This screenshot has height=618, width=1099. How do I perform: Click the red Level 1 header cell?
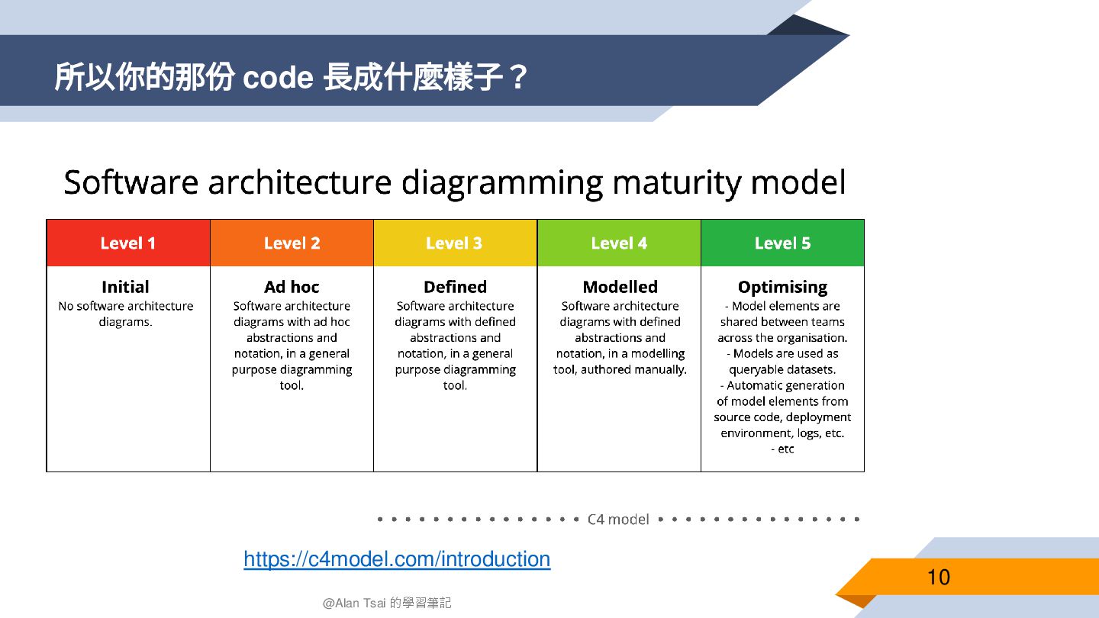point(128,243)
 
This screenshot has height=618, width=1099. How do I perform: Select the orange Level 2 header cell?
point(292,243)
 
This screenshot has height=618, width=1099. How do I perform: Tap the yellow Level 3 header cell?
point(455,243)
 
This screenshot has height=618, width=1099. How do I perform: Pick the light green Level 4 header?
point(619,243)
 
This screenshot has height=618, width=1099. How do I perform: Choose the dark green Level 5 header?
point(782,243)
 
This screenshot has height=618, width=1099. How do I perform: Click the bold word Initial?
point(125,287)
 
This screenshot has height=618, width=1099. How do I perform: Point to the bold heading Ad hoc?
point(292,287)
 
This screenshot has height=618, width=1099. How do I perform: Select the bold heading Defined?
point(455,287)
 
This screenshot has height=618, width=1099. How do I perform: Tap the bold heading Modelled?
point(620,287)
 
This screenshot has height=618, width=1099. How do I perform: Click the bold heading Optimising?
point(782,287)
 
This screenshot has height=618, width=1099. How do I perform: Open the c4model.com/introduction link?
point(397,559)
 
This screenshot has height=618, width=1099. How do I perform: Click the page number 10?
point(938,577)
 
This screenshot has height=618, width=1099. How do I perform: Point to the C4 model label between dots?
point(618,520)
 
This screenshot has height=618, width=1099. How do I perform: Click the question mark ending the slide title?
point(518,78)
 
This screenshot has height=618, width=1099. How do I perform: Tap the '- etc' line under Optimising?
point(782,449)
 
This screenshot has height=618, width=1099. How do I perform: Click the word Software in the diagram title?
point(131,183)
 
